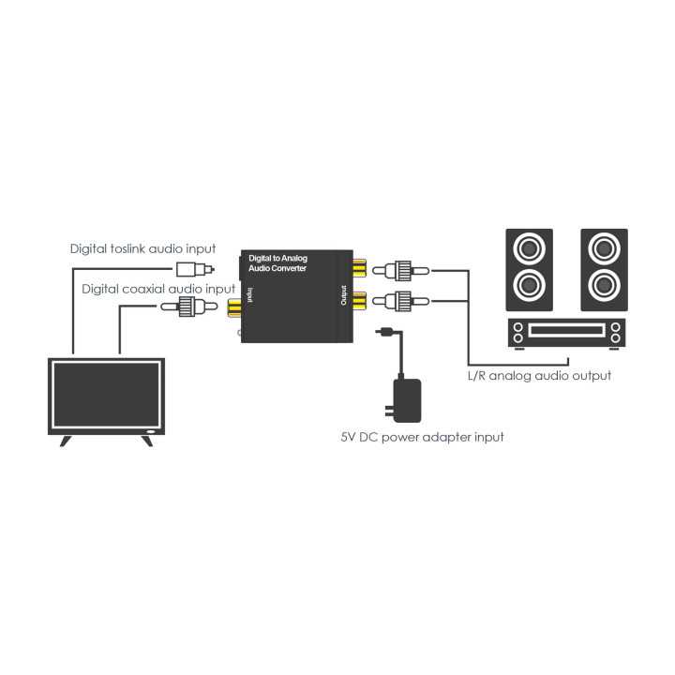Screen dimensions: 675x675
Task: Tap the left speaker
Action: (528, 270)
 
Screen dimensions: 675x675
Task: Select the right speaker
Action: (603, 270)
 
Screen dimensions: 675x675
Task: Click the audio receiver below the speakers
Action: (566, 333)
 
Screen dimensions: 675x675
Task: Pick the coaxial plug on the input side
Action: (191, 307)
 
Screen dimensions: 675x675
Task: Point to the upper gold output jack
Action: (360, 269)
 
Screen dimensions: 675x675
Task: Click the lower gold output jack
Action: (360, 301)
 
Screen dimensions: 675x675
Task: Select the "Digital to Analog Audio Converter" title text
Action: (277, 262)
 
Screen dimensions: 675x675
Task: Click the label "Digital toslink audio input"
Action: (142, 248)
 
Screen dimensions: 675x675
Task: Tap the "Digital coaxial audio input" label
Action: (158, 288)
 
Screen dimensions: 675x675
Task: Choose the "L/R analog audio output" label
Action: (538, 375)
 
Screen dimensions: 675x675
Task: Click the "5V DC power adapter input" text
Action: (421, 437)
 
